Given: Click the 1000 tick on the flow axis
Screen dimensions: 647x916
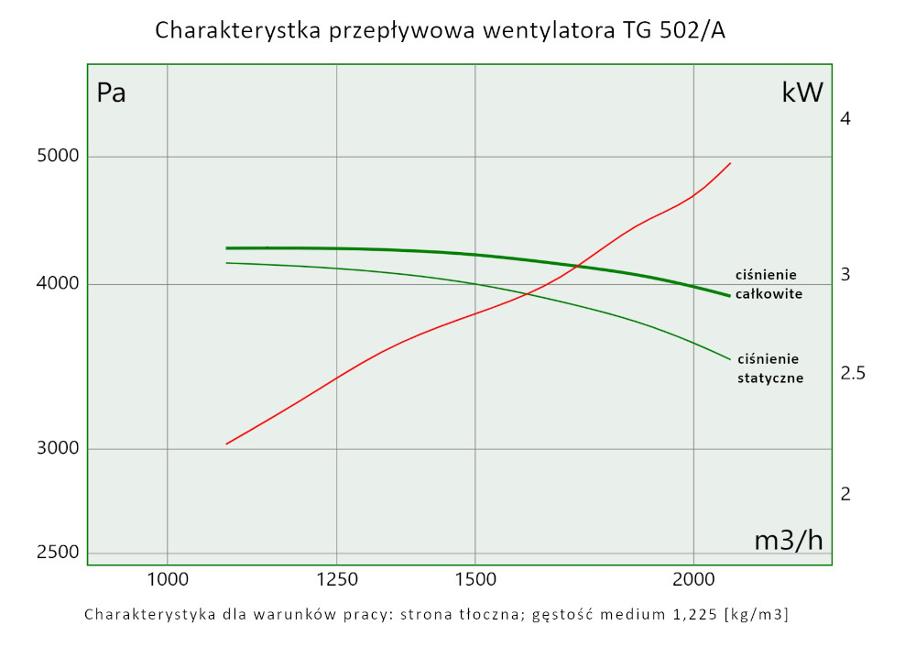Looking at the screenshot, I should tap(167, 579).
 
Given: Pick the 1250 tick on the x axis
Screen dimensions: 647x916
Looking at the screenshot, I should tap(337, 579).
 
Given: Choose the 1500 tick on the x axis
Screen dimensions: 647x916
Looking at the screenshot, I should tap(474, 579).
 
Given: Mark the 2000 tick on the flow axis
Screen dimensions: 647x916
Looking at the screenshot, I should tap(693, 579).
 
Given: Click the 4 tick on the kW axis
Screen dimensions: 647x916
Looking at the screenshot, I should tap(846, 119).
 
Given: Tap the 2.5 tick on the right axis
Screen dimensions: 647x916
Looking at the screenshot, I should tap(853, 374).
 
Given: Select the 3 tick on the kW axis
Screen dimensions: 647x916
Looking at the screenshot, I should tap(846, 274).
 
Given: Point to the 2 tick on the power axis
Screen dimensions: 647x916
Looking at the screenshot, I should tap(846, 494).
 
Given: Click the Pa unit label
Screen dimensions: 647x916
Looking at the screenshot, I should tap(111, 93).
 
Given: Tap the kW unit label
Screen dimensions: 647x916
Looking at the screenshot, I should tap(802, 93).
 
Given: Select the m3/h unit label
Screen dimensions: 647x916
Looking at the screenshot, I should tap(789, 541).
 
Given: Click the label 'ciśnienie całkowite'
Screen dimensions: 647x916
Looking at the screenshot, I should tap(769, 284).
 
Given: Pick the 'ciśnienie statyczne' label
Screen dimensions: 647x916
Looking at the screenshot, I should tap(770, 367).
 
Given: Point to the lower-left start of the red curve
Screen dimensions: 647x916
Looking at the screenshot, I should tap(226, 444).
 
